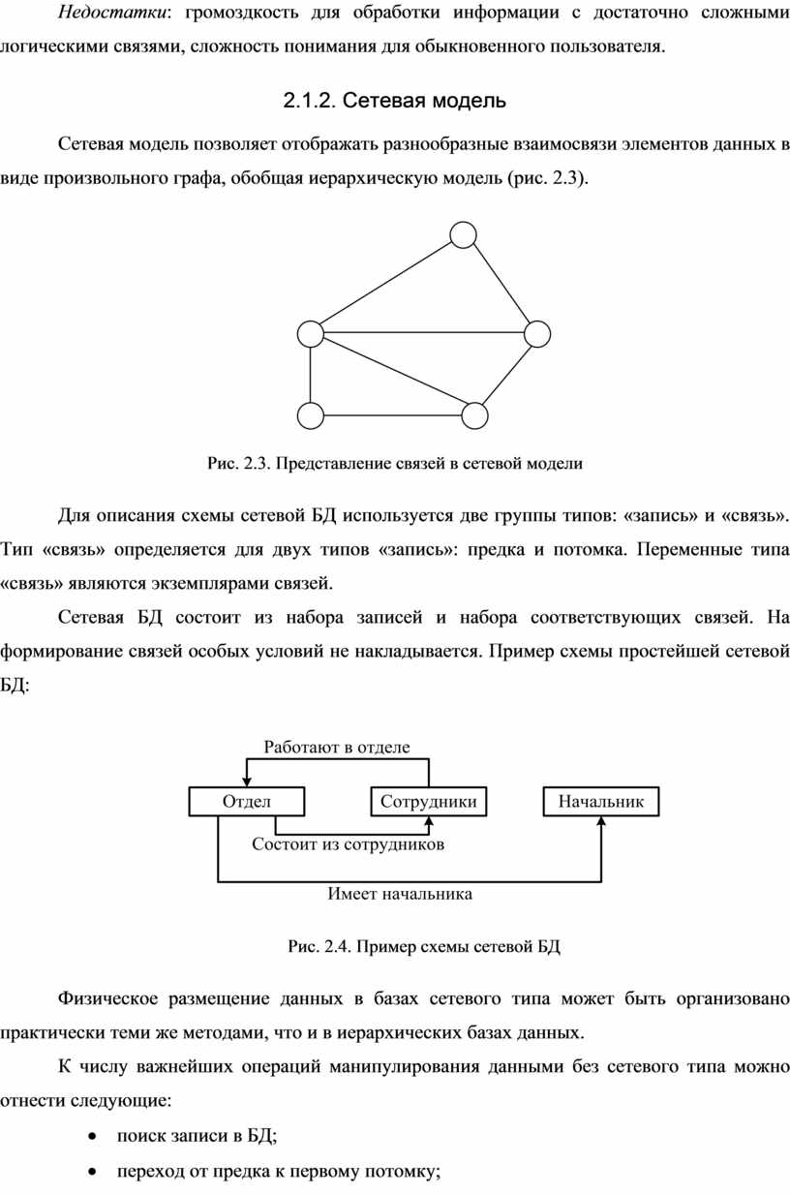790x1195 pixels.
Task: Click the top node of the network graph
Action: pos(463,234)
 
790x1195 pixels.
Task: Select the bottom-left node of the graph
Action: pos(311,415)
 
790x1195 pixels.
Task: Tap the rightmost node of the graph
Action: pos(536,334)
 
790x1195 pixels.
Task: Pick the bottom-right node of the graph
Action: pos(474,415)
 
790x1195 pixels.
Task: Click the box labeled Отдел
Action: pos(247,801)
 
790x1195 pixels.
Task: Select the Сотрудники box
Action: pos(428,801)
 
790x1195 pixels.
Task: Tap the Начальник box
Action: pos(601,801)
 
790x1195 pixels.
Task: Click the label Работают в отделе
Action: pos(337,747)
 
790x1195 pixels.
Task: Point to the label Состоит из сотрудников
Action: pos(348,844)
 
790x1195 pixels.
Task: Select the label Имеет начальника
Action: pos(400,894)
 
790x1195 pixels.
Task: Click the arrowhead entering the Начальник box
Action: pos(601,821)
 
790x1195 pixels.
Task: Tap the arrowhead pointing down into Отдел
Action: pos(247,781)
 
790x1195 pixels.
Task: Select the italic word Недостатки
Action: pos(112,12)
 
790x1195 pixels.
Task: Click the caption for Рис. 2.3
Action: pos(395,463)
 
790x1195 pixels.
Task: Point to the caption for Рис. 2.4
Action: pos(424,946)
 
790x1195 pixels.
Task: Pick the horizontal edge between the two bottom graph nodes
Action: pos(392,415)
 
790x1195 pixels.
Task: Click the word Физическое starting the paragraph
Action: pos(107,998)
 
